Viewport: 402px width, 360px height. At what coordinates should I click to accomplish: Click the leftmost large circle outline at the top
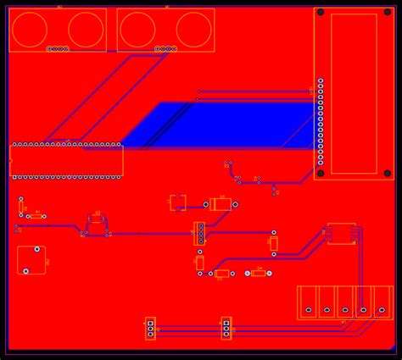pyautogui.click(x=30, y=29)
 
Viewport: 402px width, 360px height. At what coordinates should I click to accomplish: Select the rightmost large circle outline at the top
pyautogui.click(x=193, y=29)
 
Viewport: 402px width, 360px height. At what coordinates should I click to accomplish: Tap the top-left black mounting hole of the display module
pyautogui.click(x=320, y=12)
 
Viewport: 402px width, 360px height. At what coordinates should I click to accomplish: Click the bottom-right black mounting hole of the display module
pyautogui.click(x=388, y=174)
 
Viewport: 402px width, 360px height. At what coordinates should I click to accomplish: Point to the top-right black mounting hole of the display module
pyautogui.click(x=388, y=12)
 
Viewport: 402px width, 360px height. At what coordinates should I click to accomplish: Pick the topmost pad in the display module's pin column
pyautogui.click(x=321, y=81)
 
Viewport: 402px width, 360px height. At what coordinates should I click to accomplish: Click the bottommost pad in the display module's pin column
pyautogui.click(x=321, y=159)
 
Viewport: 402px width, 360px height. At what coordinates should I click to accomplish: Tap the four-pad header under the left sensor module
pyautogui.click(x=58, y=49)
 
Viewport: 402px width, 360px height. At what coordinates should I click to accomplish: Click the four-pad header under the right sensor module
pyautogui.click(x=165, y=49)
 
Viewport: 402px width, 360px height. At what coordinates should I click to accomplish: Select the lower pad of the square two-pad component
pyautogui.click(x=26, y=271)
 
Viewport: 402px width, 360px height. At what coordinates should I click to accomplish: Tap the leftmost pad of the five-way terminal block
pyautogui.click(x=307, y=311)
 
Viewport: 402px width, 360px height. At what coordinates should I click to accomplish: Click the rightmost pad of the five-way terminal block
pyautogui.click(x=382, y=311)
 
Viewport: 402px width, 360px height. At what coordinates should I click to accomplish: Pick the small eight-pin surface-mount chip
pyautogui.click(x=341, y=233)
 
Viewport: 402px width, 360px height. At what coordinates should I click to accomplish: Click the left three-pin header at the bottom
pyautogui.click(x=151, y=328)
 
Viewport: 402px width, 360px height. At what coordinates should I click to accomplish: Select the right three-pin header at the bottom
pyautogui.click(x=226, y=328)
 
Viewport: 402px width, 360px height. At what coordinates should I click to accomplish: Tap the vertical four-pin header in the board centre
pyautogui.click(x=200, y=233)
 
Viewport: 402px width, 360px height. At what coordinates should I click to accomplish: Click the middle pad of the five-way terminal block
pyautogui.click(x=345, y=311)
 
